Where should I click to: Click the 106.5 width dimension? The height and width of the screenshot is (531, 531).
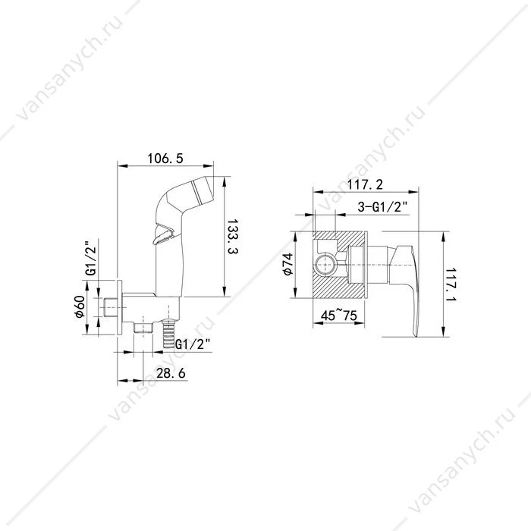coord(165,158)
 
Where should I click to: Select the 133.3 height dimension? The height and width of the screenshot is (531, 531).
coord(232,237)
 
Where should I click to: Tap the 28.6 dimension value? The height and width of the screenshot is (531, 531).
coord(171,373)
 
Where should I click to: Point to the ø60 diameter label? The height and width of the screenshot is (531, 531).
coord(80,306)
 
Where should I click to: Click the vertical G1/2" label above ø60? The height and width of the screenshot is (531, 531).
coord(91,258)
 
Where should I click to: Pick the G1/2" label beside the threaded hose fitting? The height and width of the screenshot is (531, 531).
coord(193,344)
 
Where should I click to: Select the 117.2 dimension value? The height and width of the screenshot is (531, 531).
coord(365,184)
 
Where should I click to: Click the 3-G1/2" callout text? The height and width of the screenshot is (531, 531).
coord(382,206)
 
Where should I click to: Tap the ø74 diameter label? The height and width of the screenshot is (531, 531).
coord(287,264)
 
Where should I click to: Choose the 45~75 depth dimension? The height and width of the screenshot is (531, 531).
coord(338,316)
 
